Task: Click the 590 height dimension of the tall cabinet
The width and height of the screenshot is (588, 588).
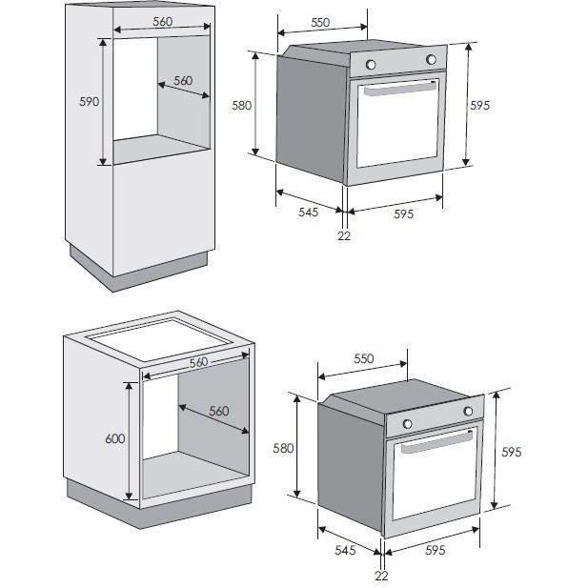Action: [x=90, y=101]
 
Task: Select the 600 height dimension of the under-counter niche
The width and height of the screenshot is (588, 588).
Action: [x=115, y=438]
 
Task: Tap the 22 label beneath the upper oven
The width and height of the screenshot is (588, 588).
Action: [x=344, y=236]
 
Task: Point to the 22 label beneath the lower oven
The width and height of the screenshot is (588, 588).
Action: [x=381, y=576]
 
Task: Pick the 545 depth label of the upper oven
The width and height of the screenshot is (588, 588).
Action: [x=308, y=213]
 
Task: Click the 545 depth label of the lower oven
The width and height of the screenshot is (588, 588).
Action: [x=345, y=550]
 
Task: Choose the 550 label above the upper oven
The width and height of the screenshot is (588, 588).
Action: [x=320, y=23]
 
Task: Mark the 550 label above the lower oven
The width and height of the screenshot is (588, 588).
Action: [x=364, y=358]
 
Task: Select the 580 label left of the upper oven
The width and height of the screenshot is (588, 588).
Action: [x=241, y=106]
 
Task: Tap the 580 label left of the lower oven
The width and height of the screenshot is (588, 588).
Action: [x=283, y=448]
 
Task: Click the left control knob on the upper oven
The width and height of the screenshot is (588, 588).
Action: [x=371, y=65]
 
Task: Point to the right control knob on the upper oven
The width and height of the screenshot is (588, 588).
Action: [x=431, y=59]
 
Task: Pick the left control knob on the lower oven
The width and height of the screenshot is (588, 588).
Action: [x=407, y=424]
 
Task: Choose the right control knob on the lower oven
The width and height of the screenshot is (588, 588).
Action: [x=468, y=411]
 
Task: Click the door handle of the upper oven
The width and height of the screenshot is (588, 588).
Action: [x=401, y=88]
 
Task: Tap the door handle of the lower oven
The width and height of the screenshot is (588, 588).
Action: [x=436, y=442]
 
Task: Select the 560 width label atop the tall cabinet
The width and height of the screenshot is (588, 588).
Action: [x=163, y=22]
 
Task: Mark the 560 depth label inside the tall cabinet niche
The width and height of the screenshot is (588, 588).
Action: [x=183, y=81]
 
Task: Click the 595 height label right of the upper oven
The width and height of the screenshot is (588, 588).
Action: [x=479, y=106]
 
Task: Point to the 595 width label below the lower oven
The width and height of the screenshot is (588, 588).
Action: [x=436, y=550]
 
